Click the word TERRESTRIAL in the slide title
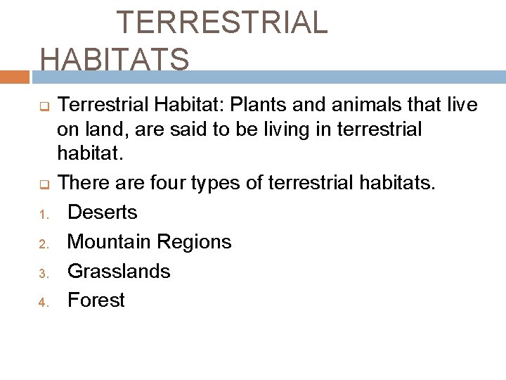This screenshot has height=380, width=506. click(221, 23)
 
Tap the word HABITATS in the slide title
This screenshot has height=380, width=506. click(115, 58)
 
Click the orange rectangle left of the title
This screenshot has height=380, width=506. click(14, 76)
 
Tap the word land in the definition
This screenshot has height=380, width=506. click(101, 129)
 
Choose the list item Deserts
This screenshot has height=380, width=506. click(102, 212)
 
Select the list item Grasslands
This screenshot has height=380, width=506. click(118, 271)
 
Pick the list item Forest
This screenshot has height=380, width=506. click(96, 300)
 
